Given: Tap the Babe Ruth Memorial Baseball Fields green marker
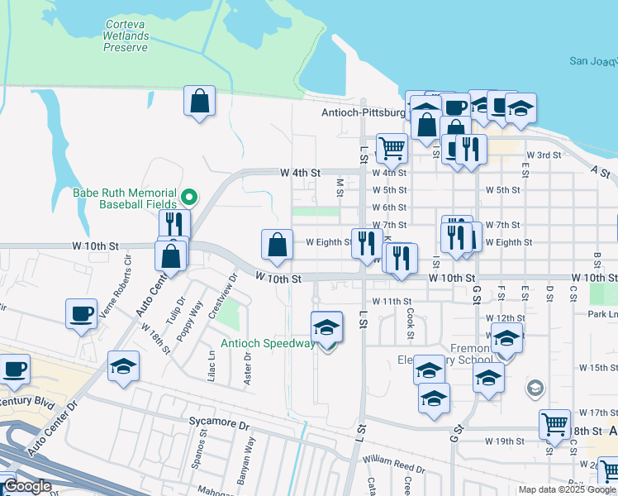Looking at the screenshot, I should coord(189,198).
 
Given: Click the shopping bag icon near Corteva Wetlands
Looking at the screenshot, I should coord(199,103).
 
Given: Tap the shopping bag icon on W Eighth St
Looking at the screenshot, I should coord(278,246).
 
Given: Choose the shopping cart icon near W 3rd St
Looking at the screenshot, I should coord(392,150).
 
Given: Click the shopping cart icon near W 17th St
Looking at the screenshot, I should coord(554,425).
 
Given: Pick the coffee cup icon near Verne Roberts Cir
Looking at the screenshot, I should coord(82,314).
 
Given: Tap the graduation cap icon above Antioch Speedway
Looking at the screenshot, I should coord(327,328).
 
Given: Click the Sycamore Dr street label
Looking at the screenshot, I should coord(219,423).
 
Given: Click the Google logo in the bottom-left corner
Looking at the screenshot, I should coord(26,486).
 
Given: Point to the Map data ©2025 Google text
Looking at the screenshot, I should coord(567,489).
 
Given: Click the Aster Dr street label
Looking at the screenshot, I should coord(248,367).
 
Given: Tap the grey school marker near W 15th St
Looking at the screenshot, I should coord(535,387).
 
